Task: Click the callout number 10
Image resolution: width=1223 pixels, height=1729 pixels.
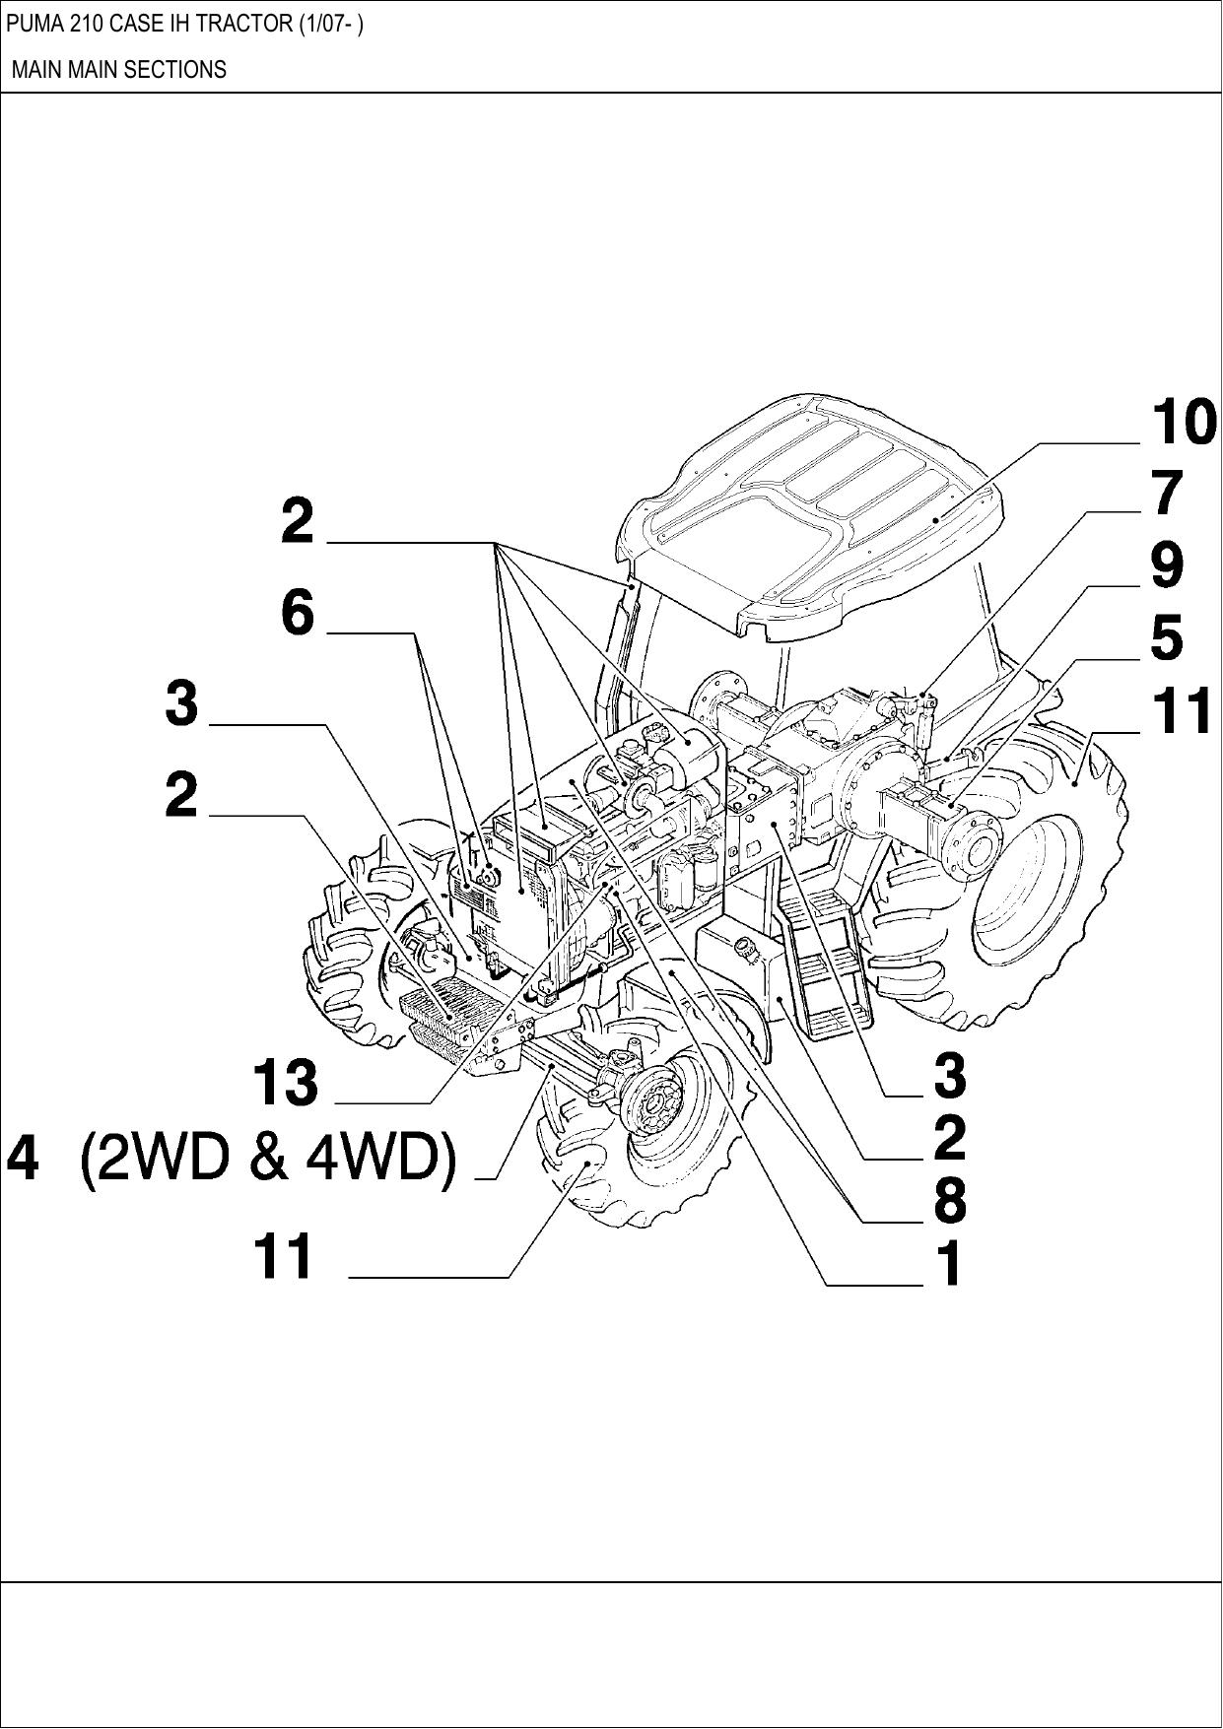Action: click(x=1184, y=423)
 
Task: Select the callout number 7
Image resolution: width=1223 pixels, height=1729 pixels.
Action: click(x=1168, y=493)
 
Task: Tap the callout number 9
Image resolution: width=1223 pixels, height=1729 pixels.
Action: click(x=1168, y=565)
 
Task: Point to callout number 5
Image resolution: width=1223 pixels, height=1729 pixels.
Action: click(x=1167, y=637)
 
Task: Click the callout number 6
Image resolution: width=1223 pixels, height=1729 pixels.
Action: click(x=297, y=613)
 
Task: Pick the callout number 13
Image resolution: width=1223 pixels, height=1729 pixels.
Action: click(x=286, y=1082)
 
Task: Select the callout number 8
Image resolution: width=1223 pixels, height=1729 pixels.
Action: click(x=949, y=1200)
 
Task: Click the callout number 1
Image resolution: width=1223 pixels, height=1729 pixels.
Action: click(x=948, y=1264)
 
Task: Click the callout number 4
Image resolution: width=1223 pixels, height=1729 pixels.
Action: click(x=24, y=1159)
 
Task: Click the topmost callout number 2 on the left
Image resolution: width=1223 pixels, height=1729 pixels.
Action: click(x=297, y=521)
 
